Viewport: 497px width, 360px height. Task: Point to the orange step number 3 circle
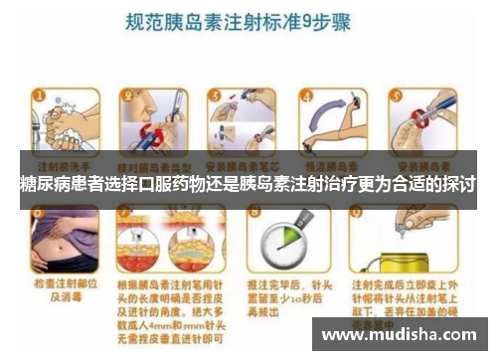212,96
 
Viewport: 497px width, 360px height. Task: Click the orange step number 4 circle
300,96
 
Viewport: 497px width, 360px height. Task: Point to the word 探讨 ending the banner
459,186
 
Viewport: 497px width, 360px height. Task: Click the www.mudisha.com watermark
402,334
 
